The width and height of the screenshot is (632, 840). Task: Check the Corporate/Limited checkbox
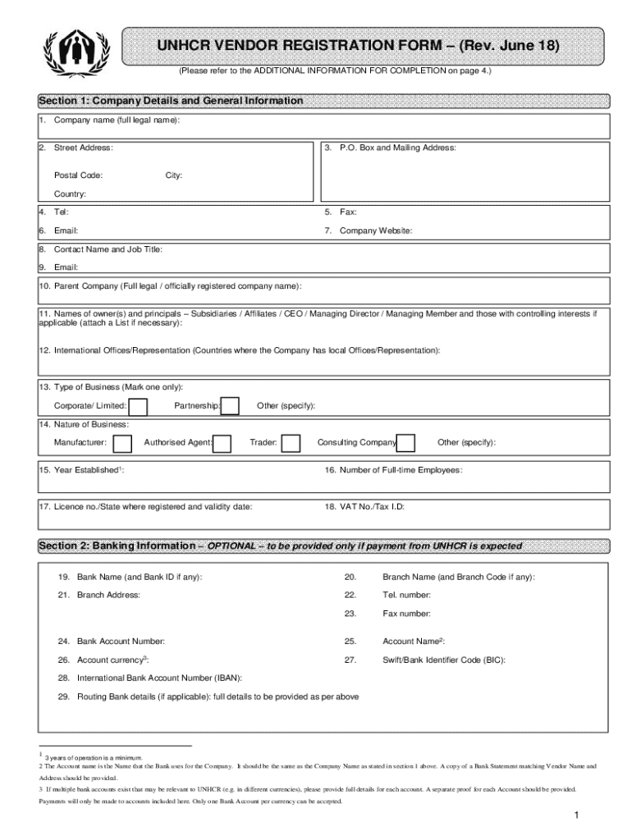[x=139, y=407]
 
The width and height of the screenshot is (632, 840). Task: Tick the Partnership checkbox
[x=231, y=407]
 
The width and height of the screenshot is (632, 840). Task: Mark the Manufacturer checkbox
[x=122, y=444]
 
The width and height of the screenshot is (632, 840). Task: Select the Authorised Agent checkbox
[x=224, y=444]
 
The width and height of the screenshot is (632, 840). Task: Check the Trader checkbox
[x=291, y=444]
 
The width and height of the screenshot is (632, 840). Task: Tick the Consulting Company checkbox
[x=405, y=444]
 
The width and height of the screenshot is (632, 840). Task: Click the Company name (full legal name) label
[x=117, y=121]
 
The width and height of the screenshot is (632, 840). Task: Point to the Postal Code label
[x=78, y=176]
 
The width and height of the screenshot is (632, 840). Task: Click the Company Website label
[x=376, y=231]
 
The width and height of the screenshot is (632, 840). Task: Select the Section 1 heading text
[x=171, y=101]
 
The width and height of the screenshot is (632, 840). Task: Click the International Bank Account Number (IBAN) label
[x=159, y=678]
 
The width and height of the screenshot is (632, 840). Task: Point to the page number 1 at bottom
[x=578, y=815]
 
